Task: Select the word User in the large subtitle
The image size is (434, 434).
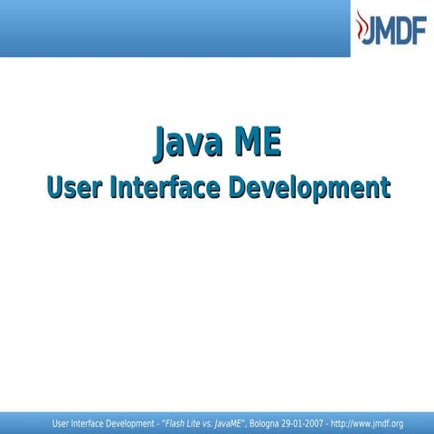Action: click(x=74, y=188)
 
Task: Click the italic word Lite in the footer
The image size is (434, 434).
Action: click(x=196, y=423)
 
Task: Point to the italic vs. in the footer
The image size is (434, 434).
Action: click(x=212, y=423)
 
